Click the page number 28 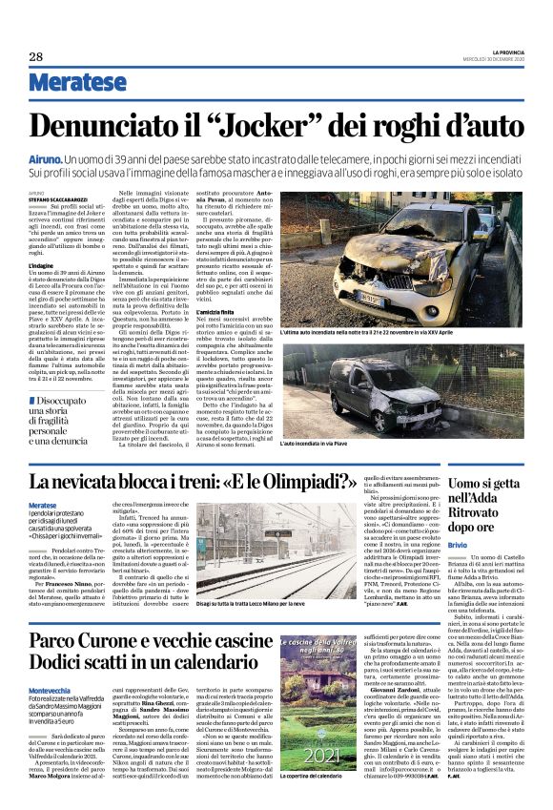point(35,56)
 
